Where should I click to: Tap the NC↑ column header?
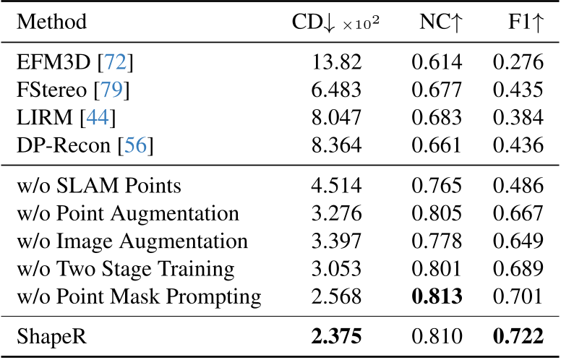coord(440,22)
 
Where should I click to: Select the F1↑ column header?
coord(525,22)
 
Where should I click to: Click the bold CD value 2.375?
coord(336,337)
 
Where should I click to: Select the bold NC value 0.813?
coord(437,296)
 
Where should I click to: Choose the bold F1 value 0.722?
coord(518,337)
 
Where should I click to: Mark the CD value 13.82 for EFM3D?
coord(336,62)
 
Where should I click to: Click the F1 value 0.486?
coord(518,186)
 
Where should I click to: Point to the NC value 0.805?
coord(437,213)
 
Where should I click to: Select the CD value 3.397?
coord(336,241)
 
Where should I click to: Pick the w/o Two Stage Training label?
coord(125,268)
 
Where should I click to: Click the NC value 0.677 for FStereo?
coord(437,90)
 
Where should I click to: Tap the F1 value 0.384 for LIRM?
coord(518,117)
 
